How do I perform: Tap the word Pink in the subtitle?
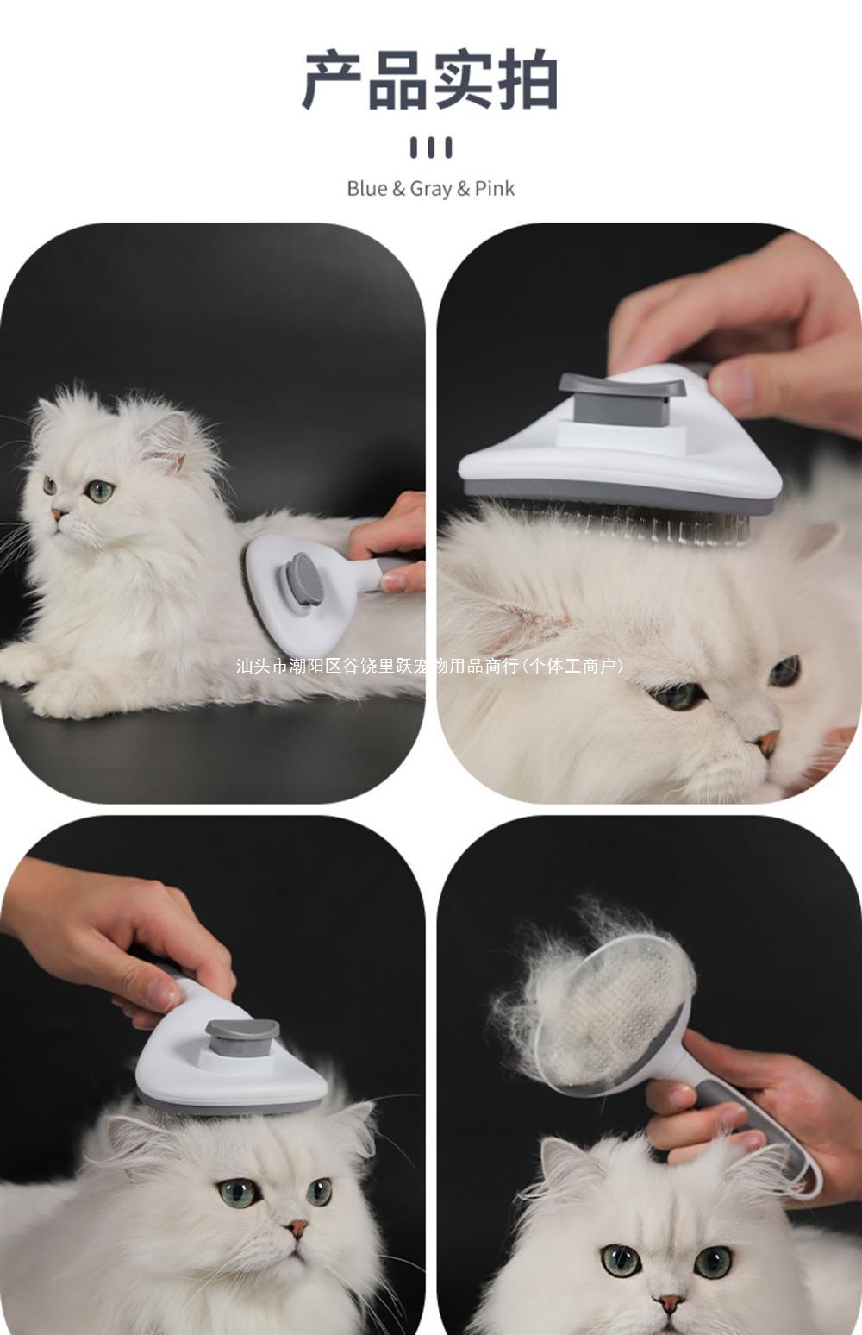(495, 188)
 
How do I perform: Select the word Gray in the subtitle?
(431, 188)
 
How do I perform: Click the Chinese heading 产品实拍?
(430, 80)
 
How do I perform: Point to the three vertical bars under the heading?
(430, 147)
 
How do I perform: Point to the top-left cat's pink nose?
(57, 514)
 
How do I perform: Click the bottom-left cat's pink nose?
(297, 1226)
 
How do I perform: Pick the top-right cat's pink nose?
(768, 739)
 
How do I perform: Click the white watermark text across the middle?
(428, 666)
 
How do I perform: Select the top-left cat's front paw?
(52, 690)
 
